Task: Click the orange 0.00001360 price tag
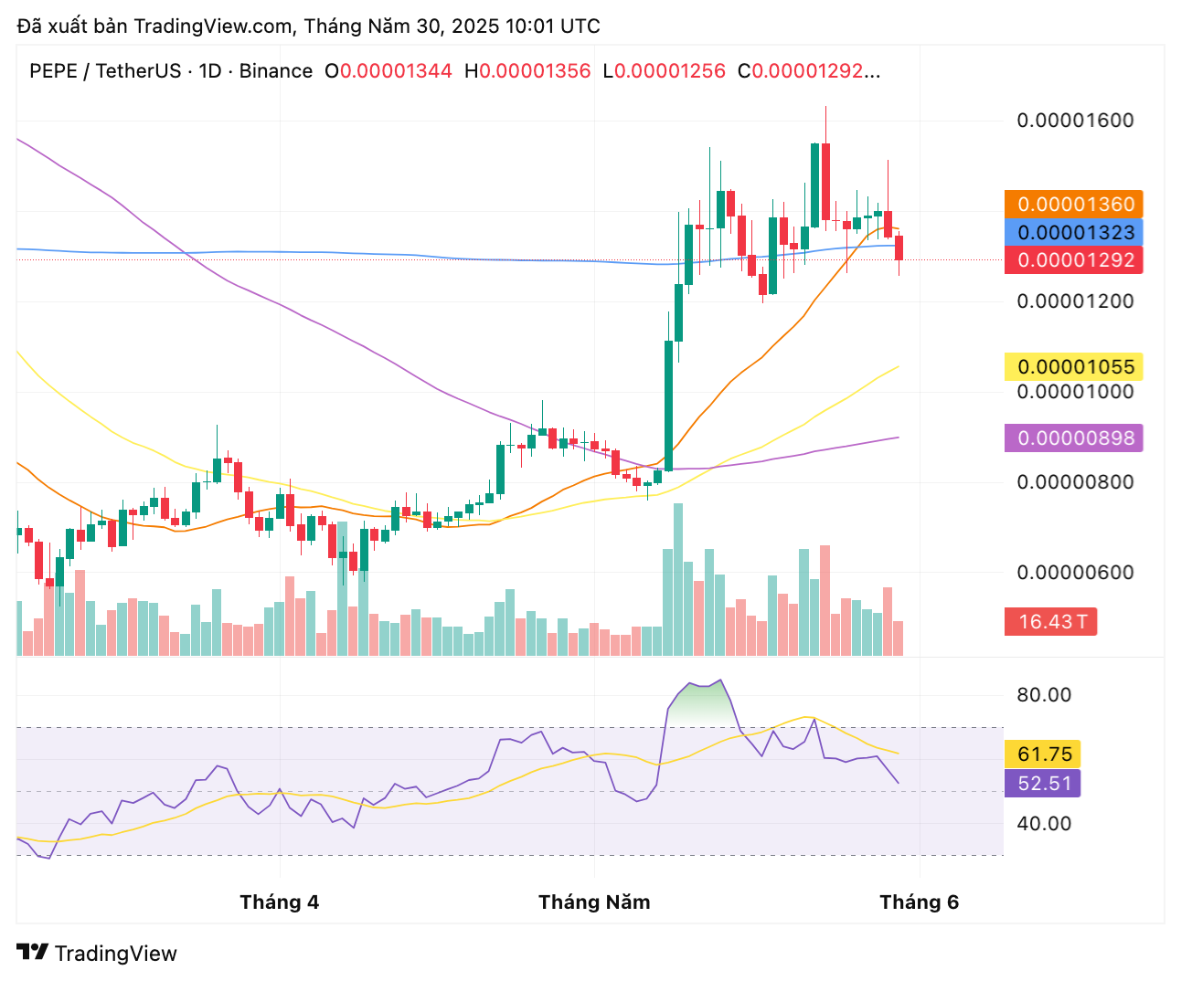1074,205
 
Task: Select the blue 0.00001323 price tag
1074,232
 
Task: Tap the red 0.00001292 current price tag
1074,260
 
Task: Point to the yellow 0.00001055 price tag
1074,367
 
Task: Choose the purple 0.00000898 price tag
1074,438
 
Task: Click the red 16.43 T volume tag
1051,622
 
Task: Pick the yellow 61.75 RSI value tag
1044,754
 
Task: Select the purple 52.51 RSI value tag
1044,784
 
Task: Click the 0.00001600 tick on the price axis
1075,121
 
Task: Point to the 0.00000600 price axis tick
1075,573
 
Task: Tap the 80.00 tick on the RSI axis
1044,695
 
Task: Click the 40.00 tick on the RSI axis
1044,824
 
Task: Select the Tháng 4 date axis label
279,902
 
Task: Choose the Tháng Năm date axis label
594,902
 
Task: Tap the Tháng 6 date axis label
919,902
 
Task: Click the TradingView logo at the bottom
97,954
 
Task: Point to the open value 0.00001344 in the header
396,71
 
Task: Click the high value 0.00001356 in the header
535,71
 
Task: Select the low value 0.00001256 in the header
670,71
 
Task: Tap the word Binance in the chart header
275,71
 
